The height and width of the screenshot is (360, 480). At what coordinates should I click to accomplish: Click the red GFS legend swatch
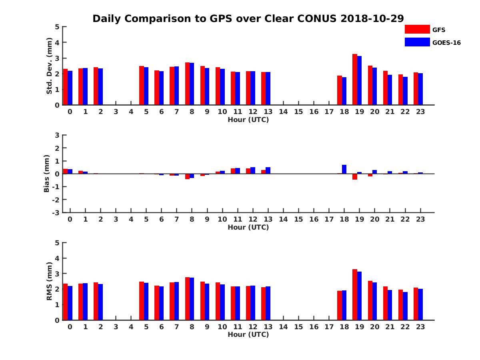pyautogui.click(x=417, y=30)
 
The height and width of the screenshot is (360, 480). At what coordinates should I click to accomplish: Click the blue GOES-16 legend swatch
pyautogui.click(x=417, y=42)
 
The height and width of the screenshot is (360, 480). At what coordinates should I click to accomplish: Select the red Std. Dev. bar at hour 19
pyautogui.click(x=355, y=80)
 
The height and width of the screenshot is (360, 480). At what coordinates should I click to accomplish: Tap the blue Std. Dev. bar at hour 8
pyautogui.click(x=192, y=84)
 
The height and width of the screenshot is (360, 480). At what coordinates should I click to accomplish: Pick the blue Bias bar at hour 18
pyautogui.click(x=344, y=169)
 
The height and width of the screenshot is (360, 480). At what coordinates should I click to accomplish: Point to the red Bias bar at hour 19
pyautogui.click(x=355, y=176)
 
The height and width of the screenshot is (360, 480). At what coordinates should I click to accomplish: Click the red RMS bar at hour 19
pyautogui.click(x=355, y=295)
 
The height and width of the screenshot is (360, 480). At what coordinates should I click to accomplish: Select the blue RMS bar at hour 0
pyautogui.click(x=70, y=303)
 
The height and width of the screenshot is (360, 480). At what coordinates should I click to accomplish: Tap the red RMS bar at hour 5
pyautogui.click(x=142, y=301)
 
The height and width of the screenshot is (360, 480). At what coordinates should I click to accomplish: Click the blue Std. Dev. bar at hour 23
pyautogui.click(x=420, y=89)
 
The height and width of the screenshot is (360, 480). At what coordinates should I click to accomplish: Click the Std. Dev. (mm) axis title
pyautogui.click(x=50, y=66)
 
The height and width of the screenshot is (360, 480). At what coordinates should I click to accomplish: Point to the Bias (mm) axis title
pyautogui.click(x=47, y=174)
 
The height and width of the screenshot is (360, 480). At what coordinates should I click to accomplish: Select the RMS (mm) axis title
pyautogui.click(x=50, y=281)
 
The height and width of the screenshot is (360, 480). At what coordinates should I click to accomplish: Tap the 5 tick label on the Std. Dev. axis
pyautogui.click(x=57, y=27)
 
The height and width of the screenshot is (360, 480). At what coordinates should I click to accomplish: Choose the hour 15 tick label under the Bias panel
pyautogui.click(x=298, y=219)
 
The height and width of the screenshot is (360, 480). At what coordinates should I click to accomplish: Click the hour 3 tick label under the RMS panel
pyautogui.click(x=116, y=327)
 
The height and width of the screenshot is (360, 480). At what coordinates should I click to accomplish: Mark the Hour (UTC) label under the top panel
pyautogui.click(x=248, y=120)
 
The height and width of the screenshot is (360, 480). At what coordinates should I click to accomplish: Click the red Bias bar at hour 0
pyautogui.click(x=65, y=171)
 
